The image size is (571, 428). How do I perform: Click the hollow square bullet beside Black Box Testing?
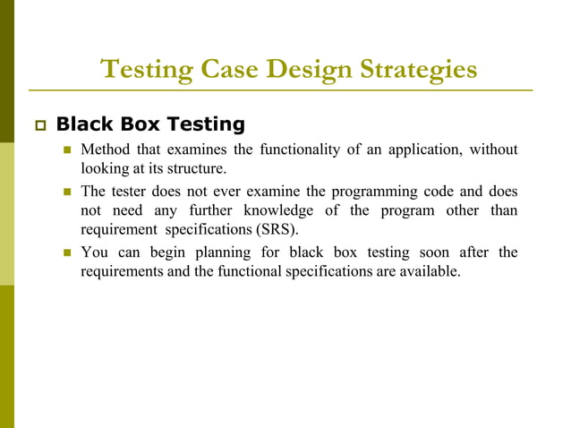pos(37,124)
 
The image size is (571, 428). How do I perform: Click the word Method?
pos(106,150)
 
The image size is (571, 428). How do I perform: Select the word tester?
pos(131,192)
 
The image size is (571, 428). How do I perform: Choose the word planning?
pos(212,253)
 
